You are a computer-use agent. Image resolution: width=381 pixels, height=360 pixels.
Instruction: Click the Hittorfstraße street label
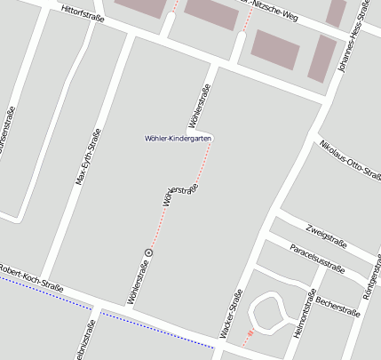pos(82,15)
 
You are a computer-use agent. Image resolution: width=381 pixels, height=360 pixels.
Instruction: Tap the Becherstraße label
pos(337,307)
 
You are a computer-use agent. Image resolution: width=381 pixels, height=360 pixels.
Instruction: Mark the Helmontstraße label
pos(305,315)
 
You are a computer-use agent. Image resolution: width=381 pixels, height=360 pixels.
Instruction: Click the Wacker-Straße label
pos(230,316)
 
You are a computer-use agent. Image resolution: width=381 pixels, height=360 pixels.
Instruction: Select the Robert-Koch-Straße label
pos(32,277)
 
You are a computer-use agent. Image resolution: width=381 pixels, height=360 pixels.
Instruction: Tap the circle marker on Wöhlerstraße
pos(148,252)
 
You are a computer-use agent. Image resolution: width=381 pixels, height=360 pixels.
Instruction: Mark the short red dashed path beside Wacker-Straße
pos(248,338)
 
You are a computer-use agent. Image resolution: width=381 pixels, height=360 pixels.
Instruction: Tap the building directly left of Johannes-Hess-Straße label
pos(322,59)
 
